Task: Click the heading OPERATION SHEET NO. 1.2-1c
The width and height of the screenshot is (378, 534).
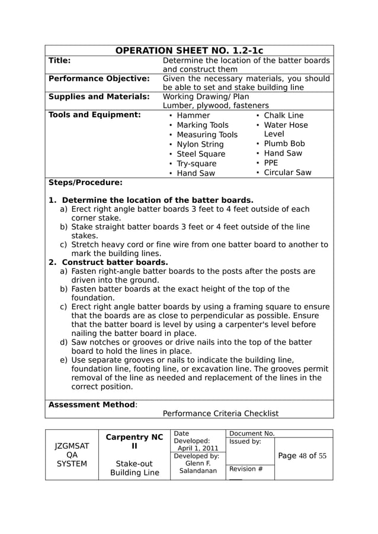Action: [x=189, y=51]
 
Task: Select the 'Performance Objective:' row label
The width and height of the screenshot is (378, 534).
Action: [x=98, y=78]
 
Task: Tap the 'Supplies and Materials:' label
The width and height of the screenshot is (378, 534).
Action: [x=98, y=96]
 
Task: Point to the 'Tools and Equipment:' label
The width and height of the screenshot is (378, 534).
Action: [x=94, y=115]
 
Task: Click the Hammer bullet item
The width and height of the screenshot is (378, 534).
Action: [x=193, y=115]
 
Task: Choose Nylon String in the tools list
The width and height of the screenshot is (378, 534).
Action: [x=200, y=144]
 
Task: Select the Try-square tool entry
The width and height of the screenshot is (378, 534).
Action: [x=197, y=164]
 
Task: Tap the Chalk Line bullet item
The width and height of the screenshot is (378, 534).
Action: [x=283, y=115]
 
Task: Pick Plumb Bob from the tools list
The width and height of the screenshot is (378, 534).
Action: [x=284, y=144]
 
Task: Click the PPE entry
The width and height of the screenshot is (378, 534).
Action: [x=271, y=163]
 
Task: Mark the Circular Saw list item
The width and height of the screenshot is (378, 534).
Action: [x=287, y=173]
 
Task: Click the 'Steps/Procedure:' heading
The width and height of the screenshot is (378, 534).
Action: [x=85, y=182]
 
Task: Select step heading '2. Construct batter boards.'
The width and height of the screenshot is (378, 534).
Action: [x=108, y=262]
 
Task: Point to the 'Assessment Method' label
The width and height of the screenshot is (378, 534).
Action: [x=92, y=404]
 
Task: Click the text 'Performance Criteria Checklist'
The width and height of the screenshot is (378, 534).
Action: [x=220, y=413]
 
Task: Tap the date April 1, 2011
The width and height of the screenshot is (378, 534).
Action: [x=198, y=448]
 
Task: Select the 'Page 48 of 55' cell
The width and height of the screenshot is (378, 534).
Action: [x=302, y=456]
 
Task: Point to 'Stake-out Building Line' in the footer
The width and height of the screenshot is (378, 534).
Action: [x=134, y=468]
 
